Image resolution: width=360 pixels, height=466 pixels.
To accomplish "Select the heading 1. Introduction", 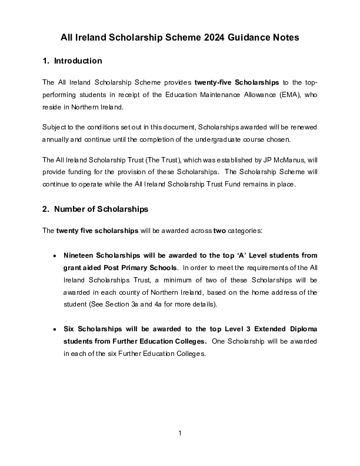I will pyautogui.click(x=73, y=61).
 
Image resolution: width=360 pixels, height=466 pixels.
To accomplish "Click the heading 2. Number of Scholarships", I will pyautogui.click(x=96, y=209).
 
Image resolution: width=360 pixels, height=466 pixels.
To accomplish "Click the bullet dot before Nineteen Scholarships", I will pyautogui.click(x=55, y=256).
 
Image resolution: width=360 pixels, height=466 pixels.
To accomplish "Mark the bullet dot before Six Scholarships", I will pyautogui.click(x=55, y=330).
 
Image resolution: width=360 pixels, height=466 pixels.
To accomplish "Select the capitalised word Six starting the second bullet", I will pyautogui.click(x=69, y=329).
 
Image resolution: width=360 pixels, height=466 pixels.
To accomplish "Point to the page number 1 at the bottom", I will pyautogui.click(x=180, y=434).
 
